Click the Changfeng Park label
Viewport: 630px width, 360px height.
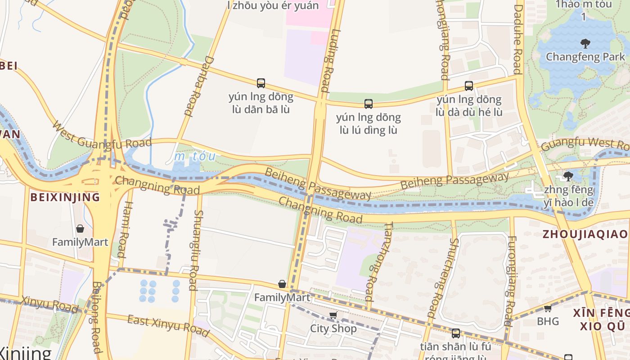click(585, 57)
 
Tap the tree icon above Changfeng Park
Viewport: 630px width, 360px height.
click(585, 44)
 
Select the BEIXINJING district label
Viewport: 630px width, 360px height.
click(65, 197)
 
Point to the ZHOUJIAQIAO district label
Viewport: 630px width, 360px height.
click(585, 234)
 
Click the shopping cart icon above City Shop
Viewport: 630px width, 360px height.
click(333, 315)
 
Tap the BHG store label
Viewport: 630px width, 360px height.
click(548, 321)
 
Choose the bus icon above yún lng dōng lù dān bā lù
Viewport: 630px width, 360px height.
click(261, 83)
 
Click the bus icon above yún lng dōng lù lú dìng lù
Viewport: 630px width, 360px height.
click(369, 104)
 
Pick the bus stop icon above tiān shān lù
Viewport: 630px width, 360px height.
click(456, 333)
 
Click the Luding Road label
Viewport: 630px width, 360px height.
click(328, 61)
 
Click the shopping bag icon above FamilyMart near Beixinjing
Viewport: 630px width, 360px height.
click(80, 229)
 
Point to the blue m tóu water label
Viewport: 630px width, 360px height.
click(195, 157)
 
